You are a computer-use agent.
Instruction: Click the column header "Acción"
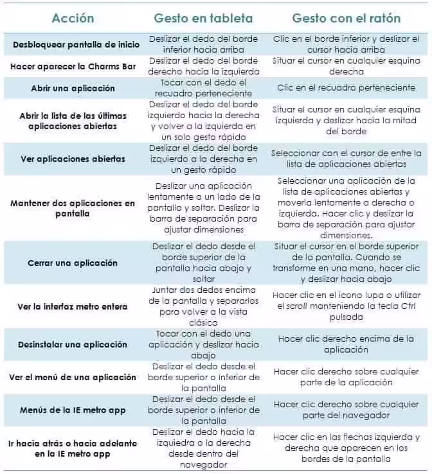pyautogui.click(x=73, y=18)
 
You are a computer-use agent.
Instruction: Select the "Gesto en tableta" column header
pyautogui.click(x=203, y=18)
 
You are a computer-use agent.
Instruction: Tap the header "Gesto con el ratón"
pyautogui.click(x=345, y=18)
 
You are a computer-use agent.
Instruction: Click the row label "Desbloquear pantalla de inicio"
pyautogui.click(x=73, y=45)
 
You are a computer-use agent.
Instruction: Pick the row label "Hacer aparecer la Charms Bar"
pyautogui.click(x=73, y=66)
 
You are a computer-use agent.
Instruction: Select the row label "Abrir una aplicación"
pyautogui.click(x=73, y=88)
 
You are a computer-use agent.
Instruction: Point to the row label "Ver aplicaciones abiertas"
pyautogui.click(x=73, y=159)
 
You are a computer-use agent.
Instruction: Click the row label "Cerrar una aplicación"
pyautogui.click(x=73, y=263)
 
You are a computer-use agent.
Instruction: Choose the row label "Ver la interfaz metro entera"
pyautogui.click(x=73, y=306)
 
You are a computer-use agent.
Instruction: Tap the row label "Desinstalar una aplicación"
pyautogui.click(x=73, y=344)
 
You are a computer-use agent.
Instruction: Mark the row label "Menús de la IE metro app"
pyautogui.click(x=73, y=410)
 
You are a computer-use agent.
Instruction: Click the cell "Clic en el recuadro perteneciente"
pyautogui.click(x=346, y=88)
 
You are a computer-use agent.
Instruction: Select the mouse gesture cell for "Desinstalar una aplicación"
pyautogui.click(x=346, y=344)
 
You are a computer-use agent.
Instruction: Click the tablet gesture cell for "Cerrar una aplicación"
pyautogui.click(x=204, y=263)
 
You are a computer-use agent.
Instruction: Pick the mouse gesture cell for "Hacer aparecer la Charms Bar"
pyautogui.click(x=346, y=66)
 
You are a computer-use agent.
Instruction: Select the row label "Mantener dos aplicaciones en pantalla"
pyautogui.click(x=73, y=208)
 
